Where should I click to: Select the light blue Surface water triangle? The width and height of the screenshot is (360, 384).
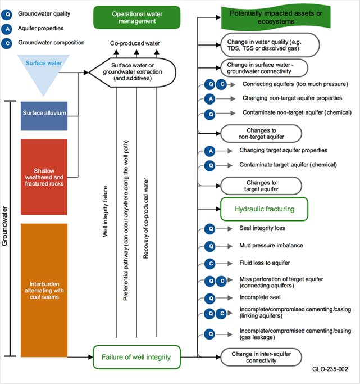click(x=44, y=71)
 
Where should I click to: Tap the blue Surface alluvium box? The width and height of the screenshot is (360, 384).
click(x=44, y=112)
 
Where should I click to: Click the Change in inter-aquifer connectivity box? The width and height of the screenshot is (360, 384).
click(x=261, y=357)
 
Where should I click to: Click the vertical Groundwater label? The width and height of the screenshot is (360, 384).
click(x=6, y=225)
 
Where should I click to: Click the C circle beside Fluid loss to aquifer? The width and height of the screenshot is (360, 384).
click(x=209, y=263)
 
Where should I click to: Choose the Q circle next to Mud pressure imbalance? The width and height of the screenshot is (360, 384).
click(x=209, y=246)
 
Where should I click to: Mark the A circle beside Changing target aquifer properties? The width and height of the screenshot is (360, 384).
click(x=209, y=151)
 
